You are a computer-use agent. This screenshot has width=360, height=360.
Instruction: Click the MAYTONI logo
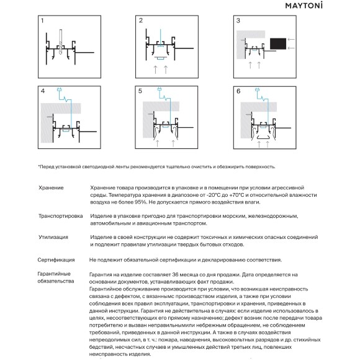304,6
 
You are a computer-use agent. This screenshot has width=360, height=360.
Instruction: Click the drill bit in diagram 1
61,42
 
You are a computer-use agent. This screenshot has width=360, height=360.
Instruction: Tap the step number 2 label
141,20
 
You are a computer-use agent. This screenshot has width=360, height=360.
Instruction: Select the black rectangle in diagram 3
278,43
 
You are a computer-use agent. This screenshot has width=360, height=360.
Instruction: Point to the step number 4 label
43,91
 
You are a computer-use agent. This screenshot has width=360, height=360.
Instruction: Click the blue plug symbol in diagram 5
160,89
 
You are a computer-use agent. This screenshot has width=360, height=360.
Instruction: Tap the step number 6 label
238,91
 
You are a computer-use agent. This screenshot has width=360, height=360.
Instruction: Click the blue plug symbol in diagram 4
59,89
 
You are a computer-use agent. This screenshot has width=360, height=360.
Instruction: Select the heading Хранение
51,188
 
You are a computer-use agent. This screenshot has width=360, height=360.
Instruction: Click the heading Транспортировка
61,216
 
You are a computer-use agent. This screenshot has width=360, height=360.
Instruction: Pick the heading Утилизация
53,237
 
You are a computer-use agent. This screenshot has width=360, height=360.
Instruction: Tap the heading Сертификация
56,260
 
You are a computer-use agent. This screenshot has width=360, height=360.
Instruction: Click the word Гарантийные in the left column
54,274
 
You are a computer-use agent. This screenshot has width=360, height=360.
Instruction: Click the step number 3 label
238,20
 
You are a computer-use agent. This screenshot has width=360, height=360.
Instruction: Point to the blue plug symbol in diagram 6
258,89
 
